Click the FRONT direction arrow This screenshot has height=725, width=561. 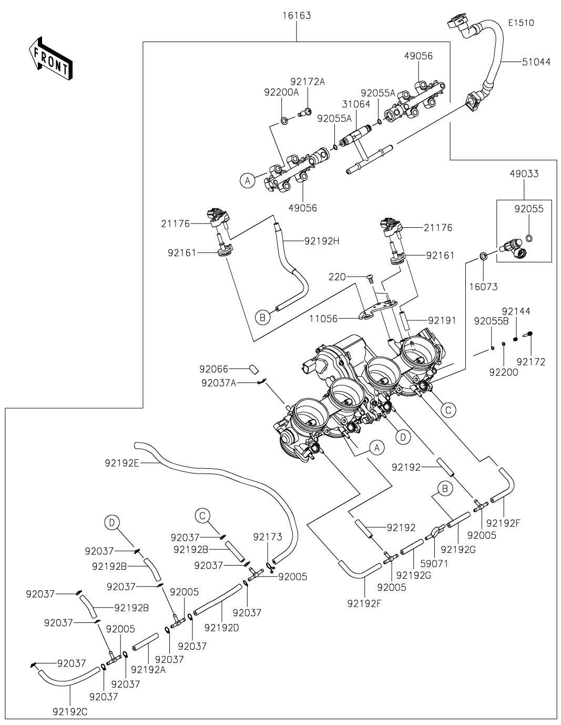pyautogui.click(x=50, y=58)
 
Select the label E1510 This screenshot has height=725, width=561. pyautogui.click(x=521, y=23)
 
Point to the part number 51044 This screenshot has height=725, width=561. pyautogui.click(x=536, y=62)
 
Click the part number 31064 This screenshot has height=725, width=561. pyautogui.click(x=356, y=105)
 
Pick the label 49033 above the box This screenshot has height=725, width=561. pyautogui.click(x=524, y=174)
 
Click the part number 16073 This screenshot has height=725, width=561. pyautogui.click(x=484, y=287)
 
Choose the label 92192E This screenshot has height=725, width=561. pyautogui.click(x=122, y=463)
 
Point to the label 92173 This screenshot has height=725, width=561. pyautogui.click(x=268, y=537)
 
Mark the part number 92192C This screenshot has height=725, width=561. pyautogui.click(x=70, y=711)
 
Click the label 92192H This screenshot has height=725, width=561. pyautogui.click(x=321, y=241)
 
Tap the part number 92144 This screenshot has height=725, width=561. pyautogui.click(x=515, y=311)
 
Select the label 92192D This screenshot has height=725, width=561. pyautogui.click(x=221, y=627)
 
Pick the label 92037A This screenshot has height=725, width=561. pyautogui.click(x=218, y=383)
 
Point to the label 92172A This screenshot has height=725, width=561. pyautogui.click(x=308, y=82)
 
